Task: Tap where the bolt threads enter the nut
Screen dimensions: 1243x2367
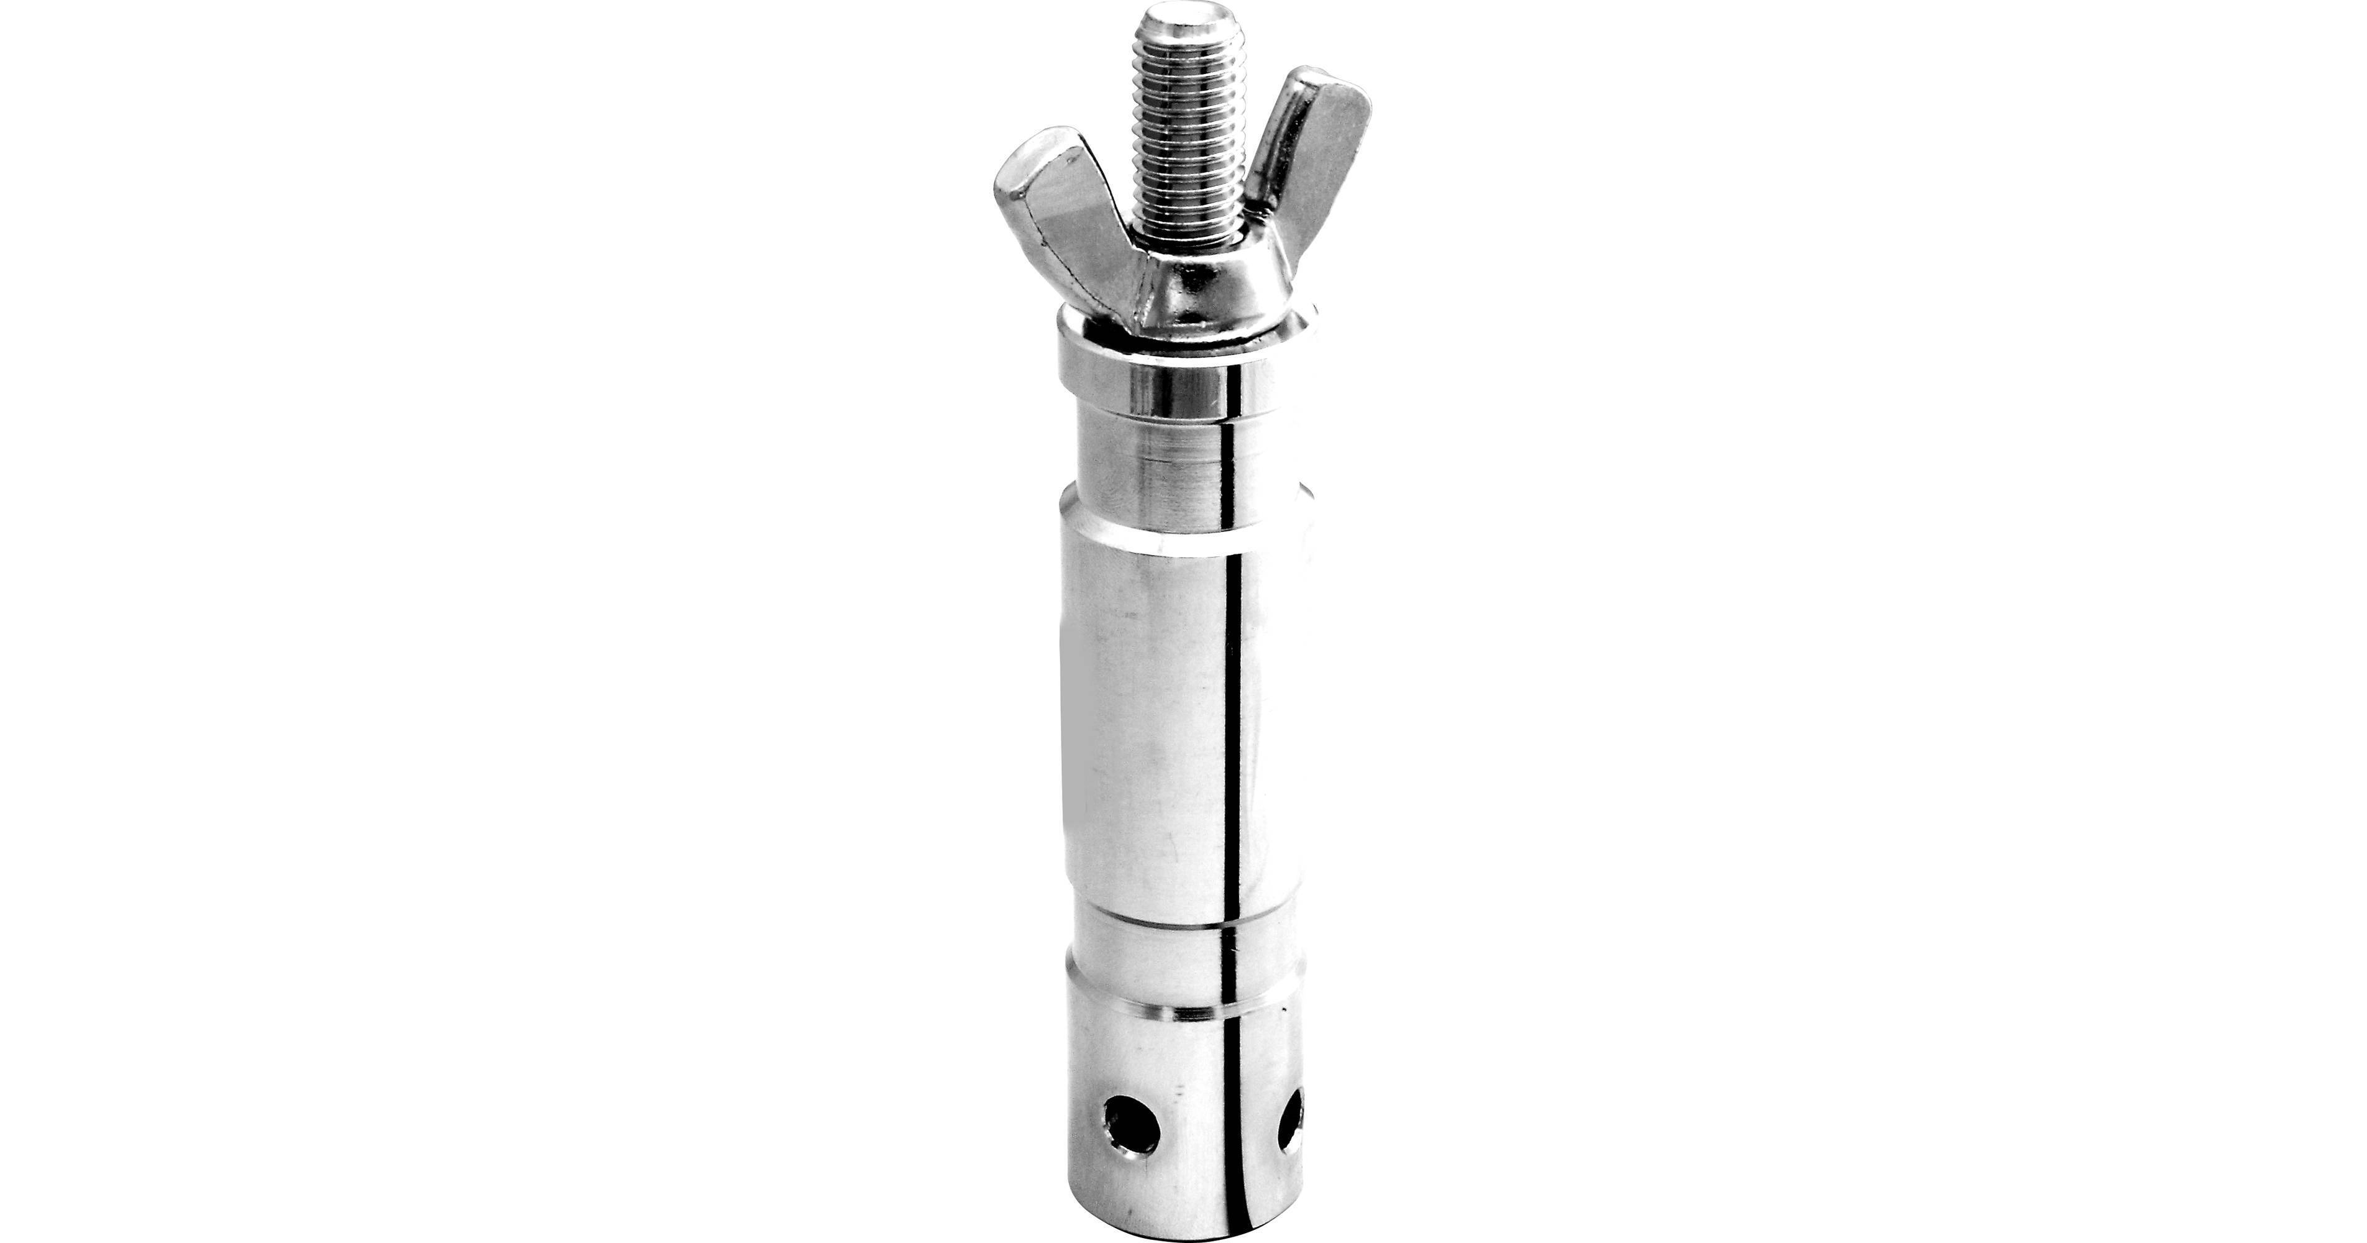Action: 1190,241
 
